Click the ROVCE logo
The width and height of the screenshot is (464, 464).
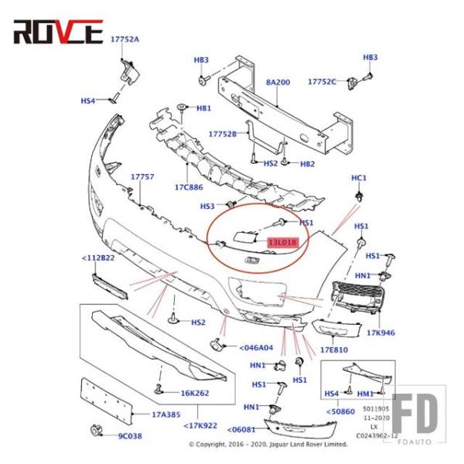[x=57, y=32]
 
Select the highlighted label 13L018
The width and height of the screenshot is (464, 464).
[x=282, y=243]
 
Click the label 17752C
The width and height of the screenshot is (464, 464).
[x=322, y=81]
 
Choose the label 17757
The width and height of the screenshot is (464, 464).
[x=142, y=177]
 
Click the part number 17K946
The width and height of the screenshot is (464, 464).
[x=381, y=333]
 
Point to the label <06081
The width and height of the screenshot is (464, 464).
[x=243, y=429]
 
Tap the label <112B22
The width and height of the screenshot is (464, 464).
[x=99, y=258]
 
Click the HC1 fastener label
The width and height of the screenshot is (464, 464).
[x=359, y=178]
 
